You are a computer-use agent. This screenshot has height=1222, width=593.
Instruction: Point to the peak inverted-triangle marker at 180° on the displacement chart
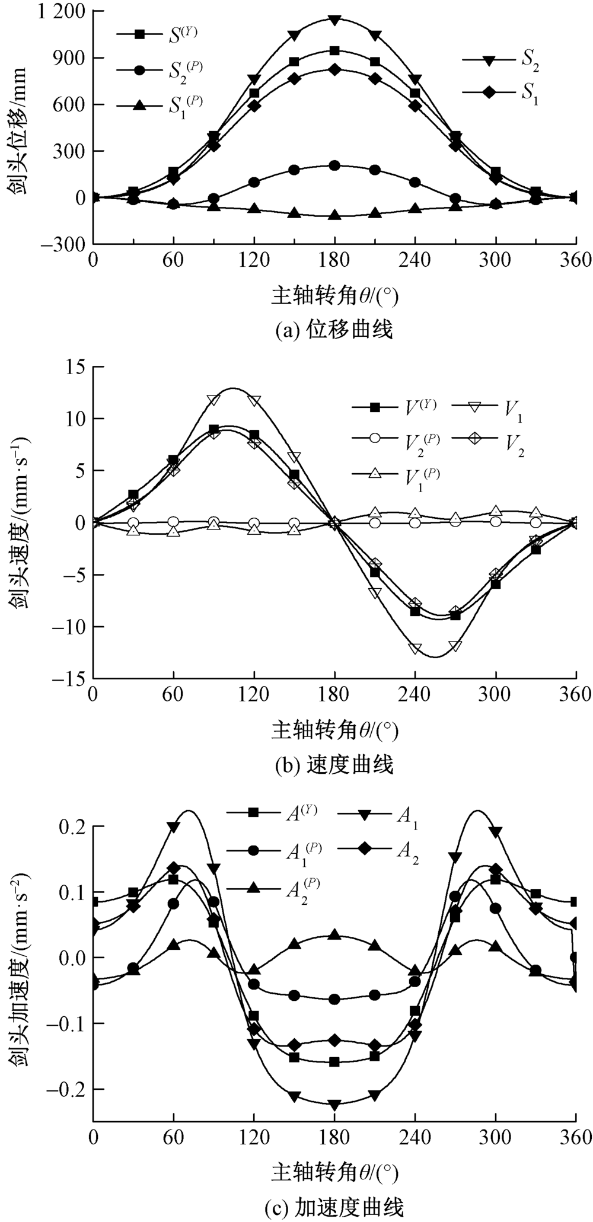click(334, 20)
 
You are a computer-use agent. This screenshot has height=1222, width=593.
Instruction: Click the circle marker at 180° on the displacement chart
click(334, 165)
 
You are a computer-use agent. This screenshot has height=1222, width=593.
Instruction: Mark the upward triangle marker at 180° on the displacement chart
click(334, 215)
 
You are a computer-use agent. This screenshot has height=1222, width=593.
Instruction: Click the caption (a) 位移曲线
click(334, 330)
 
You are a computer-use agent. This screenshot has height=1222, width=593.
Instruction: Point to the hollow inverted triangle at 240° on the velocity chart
click(415, 648)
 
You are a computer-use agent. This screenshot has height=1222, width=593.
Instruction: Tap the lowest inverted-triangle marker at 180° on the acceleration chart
click(334, 1105)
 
